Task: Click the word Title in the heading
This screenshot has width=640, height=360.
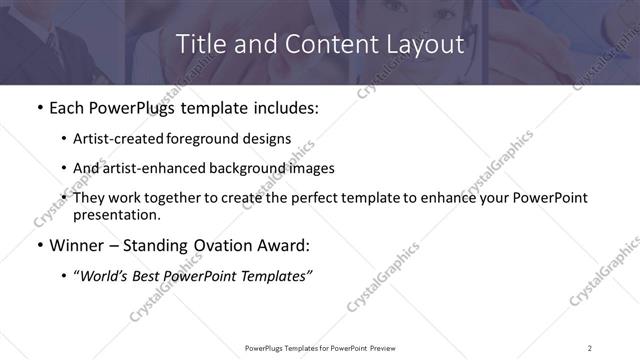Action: point(201,45)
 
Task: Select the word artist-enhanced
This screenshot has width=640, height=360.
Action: point(156,167)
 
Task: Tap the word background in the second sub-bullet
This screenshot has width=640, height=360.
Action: point(249,167)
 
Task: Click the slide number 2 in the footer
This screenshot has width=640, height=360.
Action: point(590,347)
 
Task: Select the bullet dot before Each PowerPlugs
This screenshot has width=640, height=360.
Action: point(38,108)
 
